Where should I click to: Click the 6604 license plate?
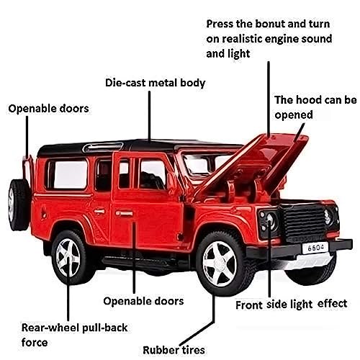315,248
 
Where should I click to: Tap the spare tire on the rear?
19,205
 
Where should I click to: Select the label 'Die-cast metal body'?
156,83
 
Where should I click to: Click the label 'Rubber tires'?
174,350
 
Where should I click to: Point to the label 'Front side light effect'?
291,305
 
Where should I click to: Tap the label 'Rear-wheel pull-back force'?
74,335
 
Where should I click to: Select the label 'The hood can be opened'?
315,107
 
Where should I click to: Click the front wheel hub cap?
220,264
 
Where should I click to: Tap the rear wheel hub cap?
68,258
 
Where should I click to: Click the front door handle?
124,213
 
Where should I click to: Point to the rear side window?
67,174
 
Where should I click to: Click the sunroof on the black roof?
103,147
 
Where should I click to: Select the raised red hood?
254,166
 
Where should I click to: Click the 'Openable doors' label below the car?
143,301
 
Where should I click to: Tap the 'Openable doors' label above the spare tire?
48,109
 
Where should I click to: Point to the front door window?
153,174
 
